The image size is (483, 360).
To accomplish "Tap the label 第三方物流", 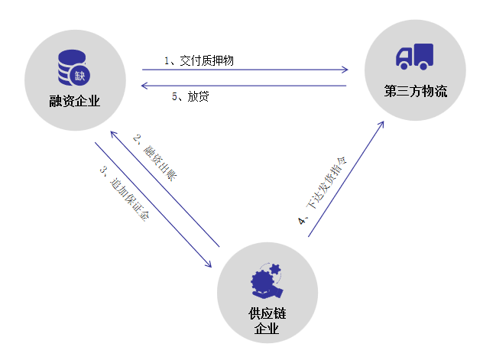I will (x=415, y=92).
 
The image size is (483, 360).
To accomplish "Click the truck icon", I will (x=414, y=57).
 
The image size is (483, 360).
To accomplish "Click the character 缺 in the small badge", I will (x=81, y=76).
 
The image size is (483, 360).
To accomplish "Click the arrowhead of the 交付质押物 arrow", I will (x=345, y=70).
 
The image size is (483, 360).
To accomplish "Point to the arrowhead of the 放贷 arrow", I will (x=144, y=86).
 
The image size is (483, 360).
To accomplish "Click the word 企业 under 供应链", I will (x=266, y=330).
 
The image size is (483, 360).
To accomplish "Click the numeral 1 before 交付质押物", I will (x=167, y=60).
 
